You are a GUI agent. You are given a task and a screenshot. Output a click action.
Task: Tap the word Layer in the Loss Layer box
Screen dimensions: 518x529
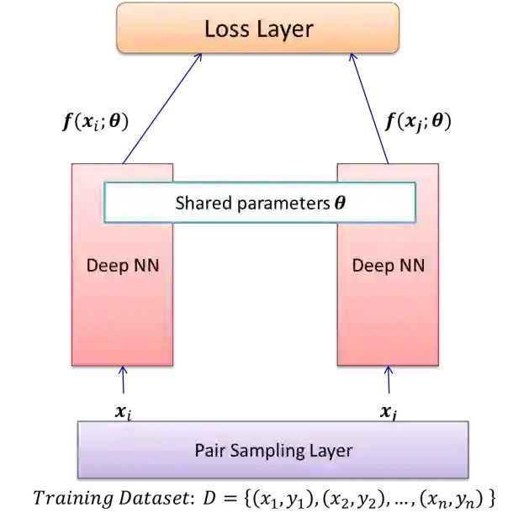pos(285,29)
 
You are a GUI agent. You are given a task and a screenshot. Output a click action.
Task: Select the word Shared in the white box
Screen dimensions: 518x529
pos(198,203)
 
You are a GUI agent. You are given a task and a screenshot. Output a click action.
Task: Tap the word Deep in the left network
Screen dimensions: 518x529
pos(105,266)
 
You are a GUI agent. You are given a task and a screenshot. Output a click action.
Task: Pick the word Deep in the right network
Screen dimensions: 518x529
pos(371,266)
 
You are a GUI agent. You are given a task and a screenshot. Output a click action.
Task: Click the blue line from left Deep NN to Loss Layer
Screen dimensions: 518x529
pos(161,109)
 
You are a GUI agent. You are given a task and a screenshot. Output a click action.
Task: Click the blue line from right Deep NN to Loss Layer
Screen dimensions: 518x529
pos(370,109)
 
